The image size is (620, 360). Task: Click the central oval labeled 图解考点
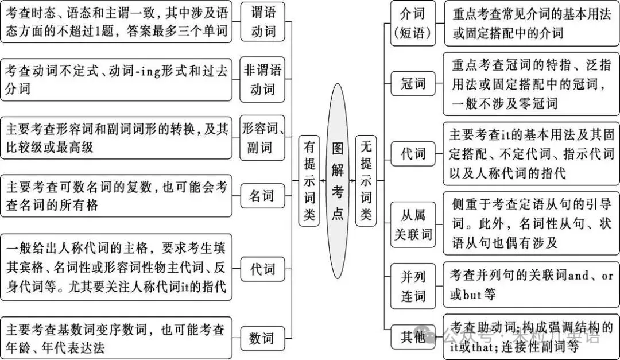pos(338,180)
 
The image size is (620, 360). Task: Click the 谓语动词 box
pos(263,22)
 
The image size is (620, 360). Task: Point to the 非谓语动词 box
pos(263,80)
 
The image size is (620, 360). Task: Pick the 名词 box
pos(262,196)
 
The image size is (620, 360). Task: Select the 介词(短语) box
pos(413,22)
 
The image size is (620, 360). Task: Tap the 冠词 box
pos(413,84)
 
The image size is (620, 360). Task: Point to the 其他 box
pos(413,338)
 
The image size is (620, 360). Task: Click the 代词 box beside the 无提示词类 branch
pos(413,154)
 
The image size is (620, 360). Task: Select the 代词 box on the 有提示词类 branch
pos(262,268)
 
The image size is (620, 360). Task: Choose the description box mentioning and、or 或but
pos(531,285)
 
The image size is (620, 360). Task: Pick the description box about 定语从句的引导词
pos(531,223)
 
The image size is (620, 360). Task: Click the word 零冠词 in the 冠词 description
pos(538,104)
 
